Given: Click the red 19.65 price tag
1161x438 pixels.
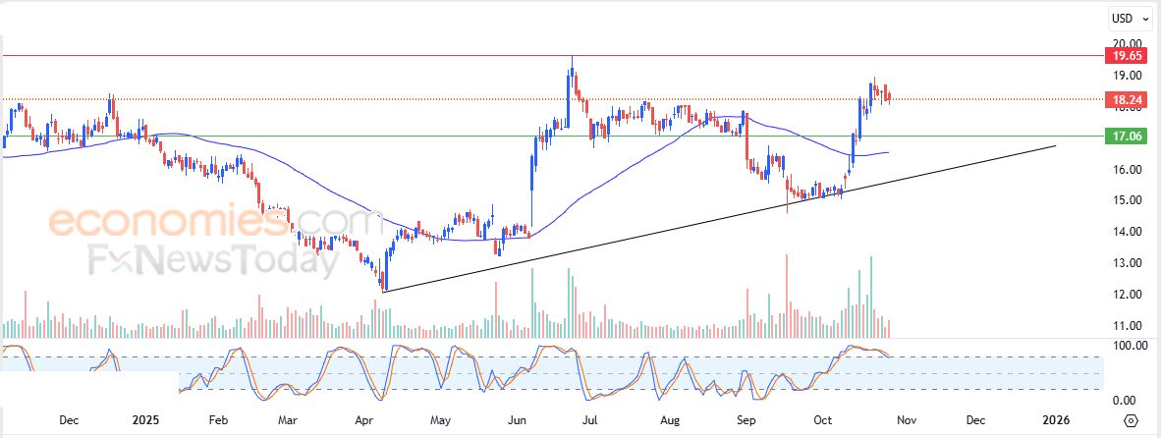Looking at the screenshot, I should click(x=1124, y=56).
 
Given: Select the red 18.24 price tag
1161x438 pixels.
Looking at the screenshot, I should click(x=1124, y=99).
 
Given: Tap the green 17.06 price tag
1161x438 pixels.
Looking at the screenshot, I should click(x=1124, y=137).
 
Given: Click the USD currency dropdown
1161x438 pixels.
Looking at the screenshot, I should click(x=1126, y=18).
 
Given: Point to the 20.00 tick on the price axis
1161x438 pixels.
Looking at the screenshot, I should click(x=1124, y=43).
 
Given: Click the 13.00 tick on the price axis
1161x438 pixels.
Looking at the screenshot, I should click(x=1124, y=263).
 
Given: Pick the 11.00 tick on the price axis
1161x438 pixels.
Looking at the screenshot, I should click(x=1124, y=326).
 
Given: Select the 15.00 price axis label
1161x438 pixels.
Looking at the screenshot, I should click(x=1124, y=200).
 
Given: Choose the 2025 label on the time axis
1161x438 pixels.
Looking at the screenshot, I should click(x=145, y=420).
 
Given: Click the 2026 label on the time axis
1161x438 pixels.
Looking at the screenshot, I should click(x=1056, y=420).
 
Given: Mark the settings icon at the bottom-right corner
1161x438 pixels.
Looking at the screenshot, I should click(x=1131, y=420).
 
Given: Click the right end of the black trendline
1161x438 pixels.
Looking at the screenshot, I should click(x=1056, y=146).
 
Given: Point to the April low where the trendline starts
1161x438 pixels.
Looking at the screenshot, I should click(x=384, y=291).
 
